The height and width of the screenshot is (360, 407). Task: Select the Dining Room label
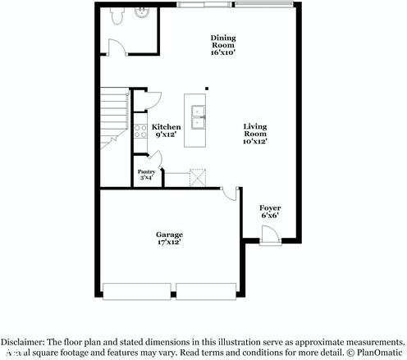[x=222, y=45]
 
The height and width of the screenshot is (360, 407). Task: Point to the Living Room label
[x=255, y=133]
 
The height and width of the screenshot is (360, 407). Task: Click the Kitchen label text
[x=167, y=131]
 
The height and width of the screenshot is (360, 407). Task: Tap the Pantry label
[x=146, y=174]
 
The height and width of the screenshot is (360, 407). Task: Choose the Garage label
[x=169, y=238]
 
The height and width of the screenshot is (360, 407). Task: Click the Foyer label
[x=270, y=212]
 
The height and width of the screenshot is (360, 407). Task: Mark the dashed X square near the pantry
[x=199, y=176]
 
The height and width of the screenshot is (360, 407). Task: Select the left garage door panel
[x=138, y=291]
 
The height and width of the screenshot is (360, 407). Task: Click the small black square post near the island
[x=207, y=88]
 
